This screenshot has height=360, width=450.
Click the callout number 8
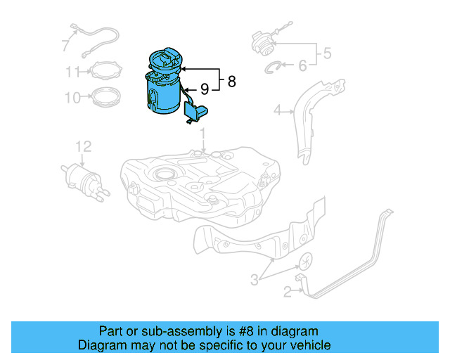pyautogui.click(x=231, y=82)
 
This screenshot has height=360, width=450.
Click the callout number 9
pyautogui.click(x=204, y=89)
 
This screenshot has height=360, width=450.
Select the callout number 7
pyautogui.click(x=65, y=46)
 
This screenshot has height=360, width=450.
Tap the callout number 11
pyautogui.click(x=73, y=71)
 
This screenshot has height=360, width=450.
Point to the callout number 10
pyautogui.click(x=73, y=97)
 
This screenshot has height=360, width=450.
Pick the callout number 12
pyautogui.click(x=84, y=146)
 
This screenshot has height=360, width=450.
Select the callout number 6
pyautogui.click(x=302, y=65)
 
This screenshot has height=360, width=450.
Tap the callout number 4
pyautogui.click(x=278, y=110)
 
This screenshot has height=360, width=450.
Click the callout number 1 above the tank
pyautogui.click(x=202, y=133)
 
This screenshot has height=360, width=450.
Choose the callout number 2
pyautogui.click(x=287, y=291)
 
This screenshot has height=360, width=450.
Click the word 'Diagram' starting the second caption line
pyautogui.click(x=101, y=345)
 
